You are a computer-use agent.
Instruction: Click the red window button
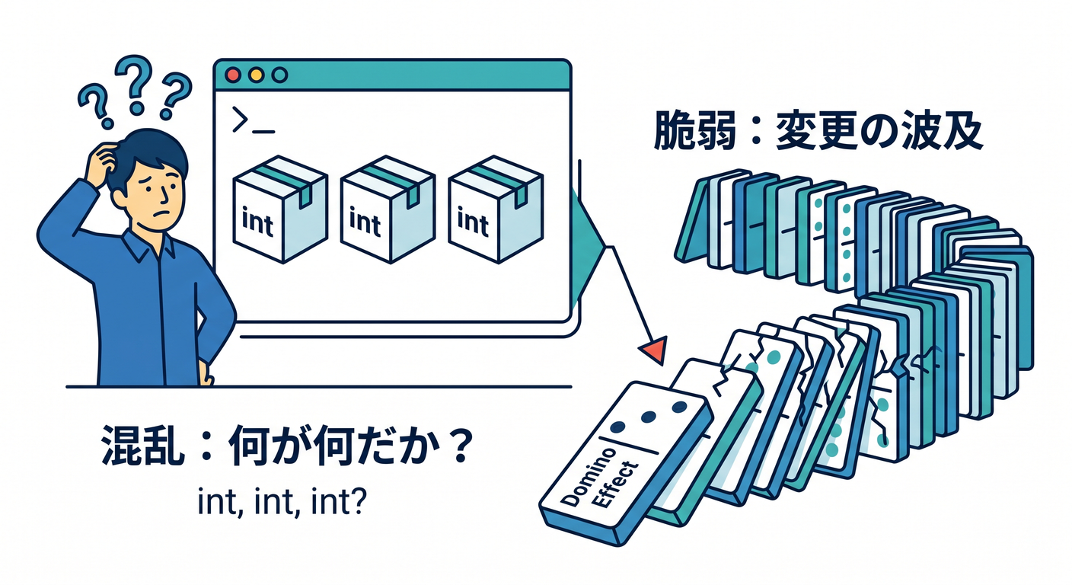point(233,75)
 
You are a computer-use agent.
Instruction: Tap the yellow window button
point(256,75)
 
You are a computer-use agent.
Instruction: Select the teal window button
point(279,75)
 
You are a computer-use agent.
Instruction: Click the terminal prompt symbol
point(253,120)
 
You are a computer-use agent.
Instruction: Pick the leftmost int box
point(280,209)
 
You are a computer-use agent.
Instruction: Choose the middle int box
point(388,209)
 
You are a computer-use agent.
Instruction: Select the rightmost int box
point(496,209)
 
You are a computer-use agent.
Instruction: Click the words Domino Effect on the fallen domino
point(599,478)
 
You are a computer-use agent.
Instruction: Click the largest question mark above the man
point(134,82)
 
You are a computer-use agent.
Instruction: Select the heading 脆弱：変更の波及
point(818,130)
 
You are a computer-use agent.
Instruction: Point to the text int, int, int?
point(282,501)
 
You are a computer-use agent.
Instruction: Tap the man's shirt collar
point(149,245)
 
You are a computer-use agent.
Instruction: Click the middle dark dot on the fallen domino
point(649,417)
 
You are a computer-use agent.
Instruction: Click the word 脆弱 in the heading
point(694,130)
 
